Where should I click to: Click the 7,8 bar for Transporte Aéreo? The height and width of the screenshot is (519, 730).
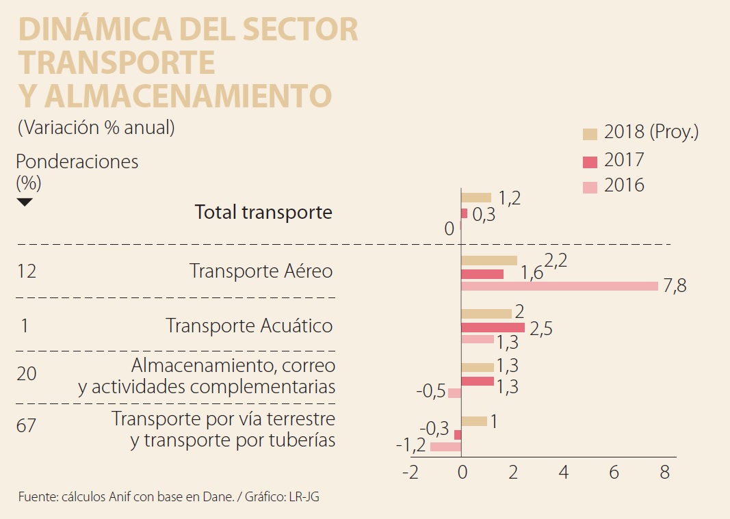[x=560, y=286]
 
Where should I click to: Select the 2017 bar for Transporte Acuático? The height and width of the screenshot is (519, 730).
[x=493, y=327]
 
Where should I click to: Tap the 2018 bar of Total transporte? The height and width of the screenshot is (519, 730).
[x=476, y=198]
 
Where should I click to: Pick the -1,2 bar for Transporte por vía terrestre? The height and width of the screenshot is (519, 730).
[x=445, y=447]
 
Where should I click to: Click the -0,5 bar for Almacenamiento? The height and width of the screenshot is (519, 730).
[x=454, y=392]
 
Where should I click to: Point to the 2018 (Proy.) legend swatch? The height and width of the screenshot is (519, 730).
[x=590, y=133]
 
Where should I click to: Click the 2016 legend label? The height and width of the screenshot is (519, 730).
[x=624, y=185]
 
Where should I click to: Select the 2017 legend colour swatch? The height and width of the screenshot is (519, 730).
[x=590, y=161]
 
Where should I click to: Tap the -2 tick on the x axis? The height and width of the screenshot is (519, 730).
[x=410, y=473]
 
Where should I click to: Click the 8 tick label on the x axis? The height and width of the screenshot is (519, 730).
[x=663, y=473]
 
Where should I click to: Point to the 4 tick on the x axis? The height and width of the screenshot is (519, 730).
[x=563, y=473]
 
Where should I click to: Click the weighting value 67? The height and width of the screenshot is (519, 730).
[x=26, y=426]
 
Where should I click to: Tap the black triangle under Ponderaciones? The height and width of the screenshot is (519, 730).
[x=25, y=202]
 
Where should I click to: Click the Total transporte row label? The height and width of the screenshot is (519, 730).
[x=263, y=213]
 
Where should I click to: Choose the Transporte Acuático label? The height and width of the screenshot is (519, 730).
[x=249, y=325]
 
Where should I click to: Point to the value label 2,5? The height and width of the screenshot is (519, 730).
[x=540, y=329]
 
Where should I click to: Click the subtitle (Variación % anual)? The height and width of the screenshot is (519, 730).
[x=96, y=128]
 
